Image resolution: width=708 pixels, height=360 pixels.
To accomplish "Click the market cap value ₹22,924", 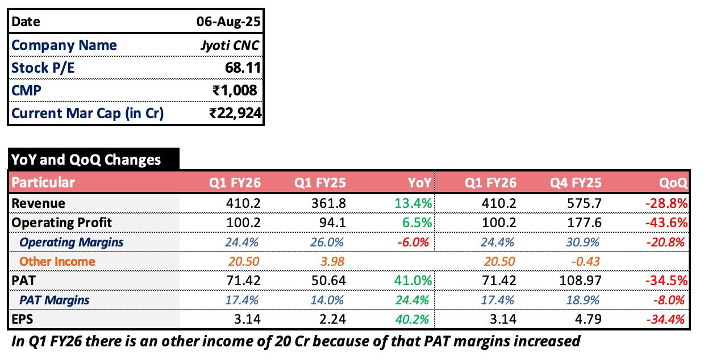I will [x=235, y=113].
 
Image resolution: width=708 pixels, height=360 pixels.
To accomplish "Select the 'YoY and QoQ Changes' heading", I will [x=86, y=160].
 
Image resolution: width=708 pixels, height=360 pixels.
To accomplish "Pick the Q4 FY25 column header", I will [x=576, y=183].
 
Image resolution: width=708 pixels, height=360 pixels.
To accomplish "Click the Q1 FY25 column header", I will [x=320, y=183].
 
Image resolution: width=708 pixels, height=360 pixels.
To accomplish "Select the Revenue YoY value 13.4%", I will [x=414, y=203].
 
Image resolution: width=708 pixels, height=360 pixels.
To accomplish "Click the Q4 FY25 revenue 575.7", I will [x=585, y=203].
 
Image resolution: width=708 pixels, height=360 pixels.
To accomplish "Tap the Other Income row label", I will [x=57, y=261].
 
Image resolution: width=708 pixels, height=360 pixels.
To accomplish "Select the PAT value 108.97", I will [x=581, y=281].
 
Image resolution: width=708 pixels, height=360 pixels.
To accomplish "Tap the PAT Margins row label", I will [x=55, y=300].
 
